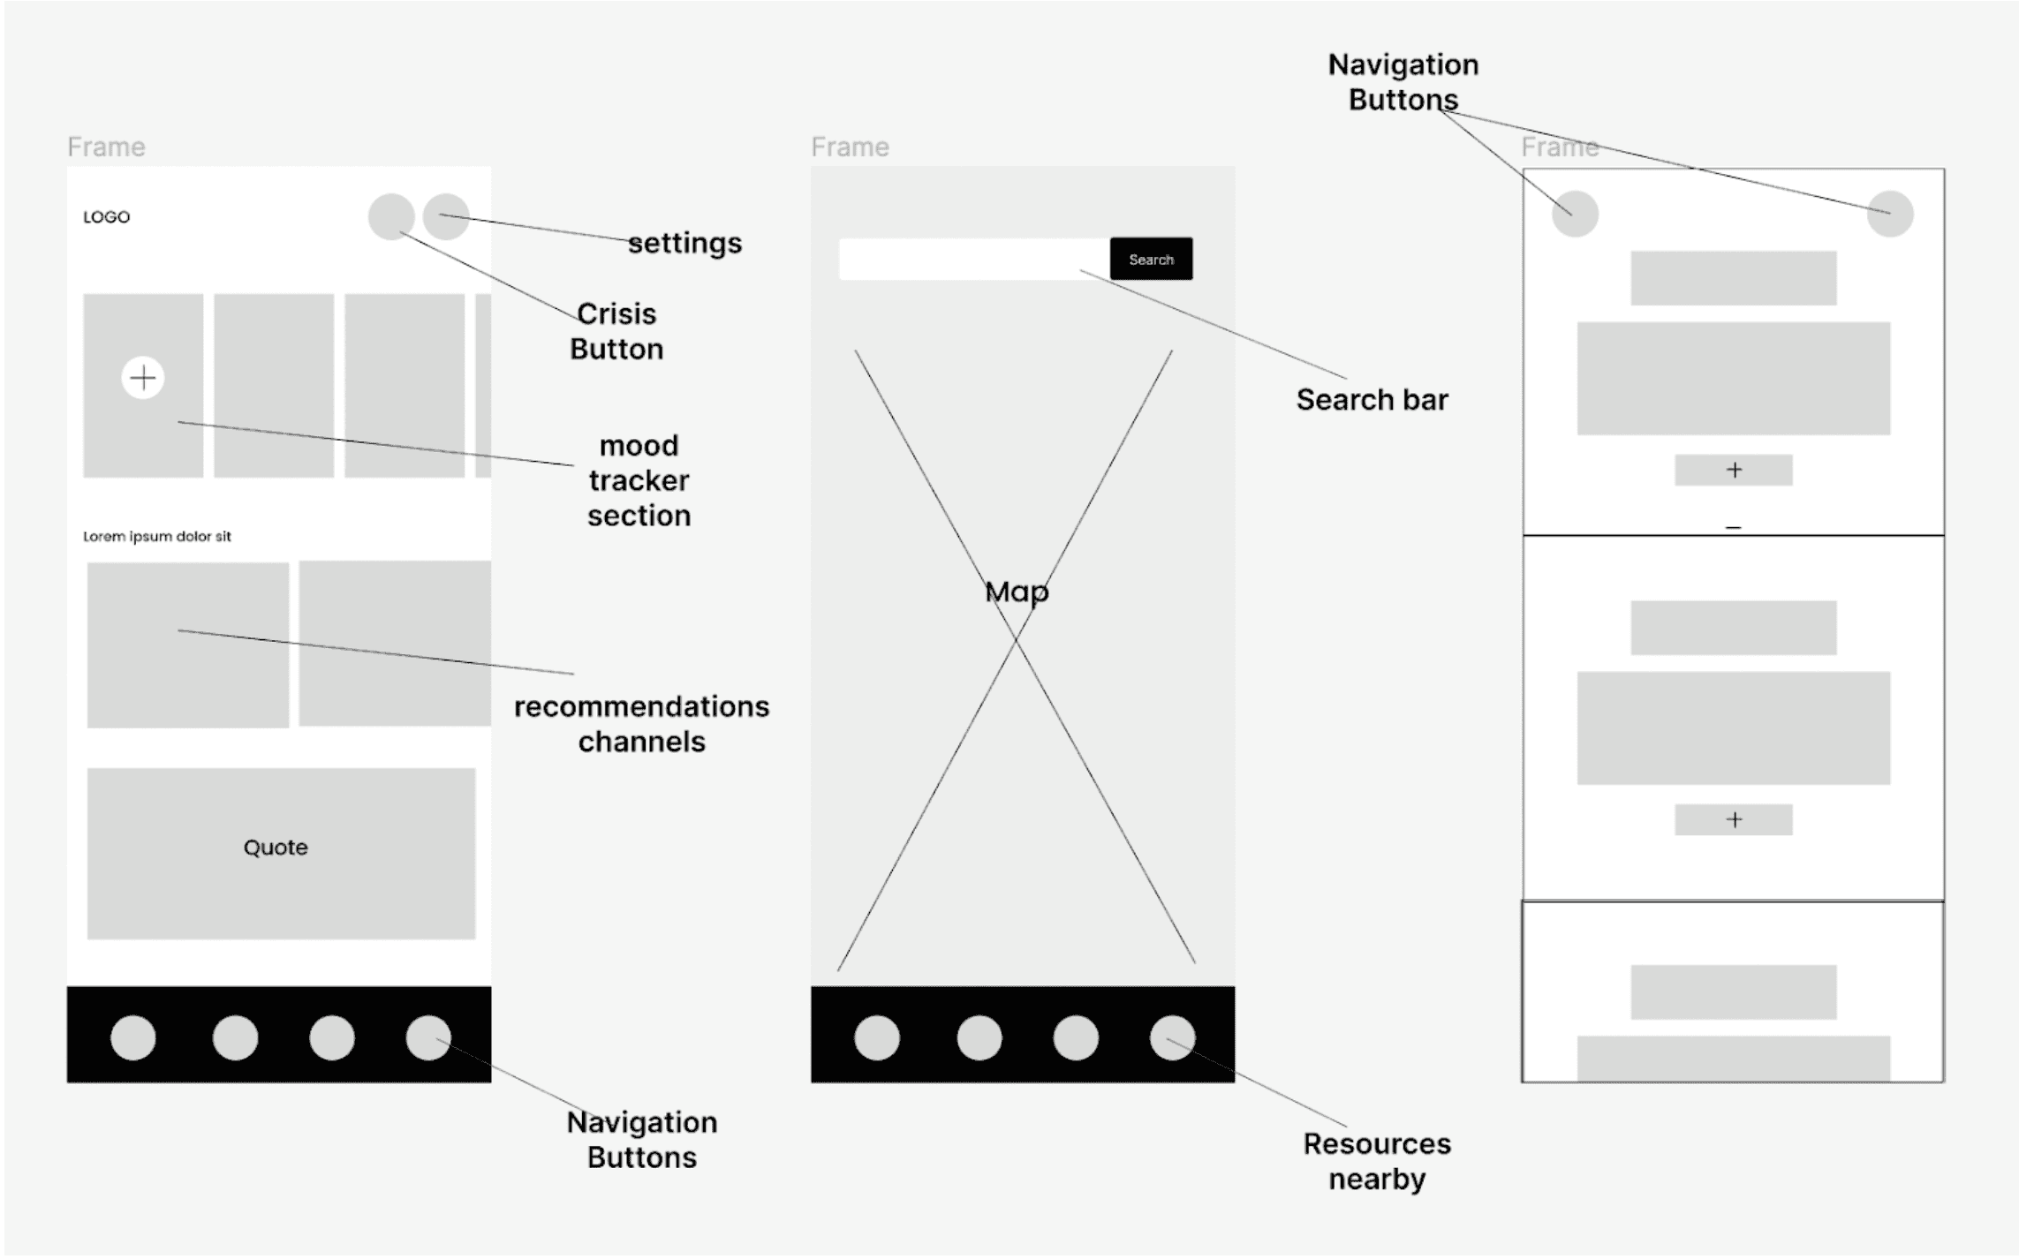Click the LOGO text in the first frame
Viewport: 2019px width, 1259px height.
(106, 217)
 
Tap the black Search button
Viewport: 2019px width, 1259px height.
(1151, 259)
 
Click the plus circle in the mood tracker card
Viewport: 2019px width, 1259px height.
(143, 378)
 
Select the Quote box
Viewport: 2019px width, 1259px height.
(281, 853)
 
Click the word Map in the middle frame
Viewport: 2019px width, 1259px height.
(1017, 592)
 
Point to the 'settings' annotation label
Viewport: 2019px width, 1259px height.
(684, 243)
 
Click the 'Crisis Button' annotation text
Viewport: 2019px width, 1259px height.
(616, 331)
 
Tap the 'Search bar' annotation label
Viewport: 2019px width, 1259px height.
(1372, 400)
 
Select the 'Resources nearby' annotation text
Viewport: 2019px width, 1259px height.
(1377, 1161)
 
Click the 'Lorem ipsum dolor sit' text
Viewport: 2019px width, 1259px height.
(157, 536)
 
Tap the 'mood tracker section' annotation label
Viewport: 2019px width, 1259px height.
(639, 480)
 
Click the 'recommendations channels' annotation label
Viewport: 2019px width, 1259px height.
(641, 724)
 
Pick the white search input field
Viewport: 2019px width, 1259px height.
(974, 259)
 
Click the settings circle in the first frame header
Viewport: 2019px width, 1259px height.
(446, 216)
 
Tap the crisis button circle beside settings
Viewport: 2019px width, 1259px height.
(391, 216)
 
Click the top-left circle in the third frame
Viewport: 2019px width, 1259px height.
(1575, 214)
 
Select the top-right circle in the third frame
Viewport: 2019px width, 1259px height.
(1890, 214)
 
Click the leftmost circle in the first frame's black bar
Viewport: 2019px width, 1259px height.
(133, 1037)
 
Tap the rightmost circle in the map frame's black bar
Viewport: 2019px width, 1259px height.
(1172, 1037)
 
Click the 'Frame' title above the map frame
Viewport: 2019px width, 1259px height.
(850, 147)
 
